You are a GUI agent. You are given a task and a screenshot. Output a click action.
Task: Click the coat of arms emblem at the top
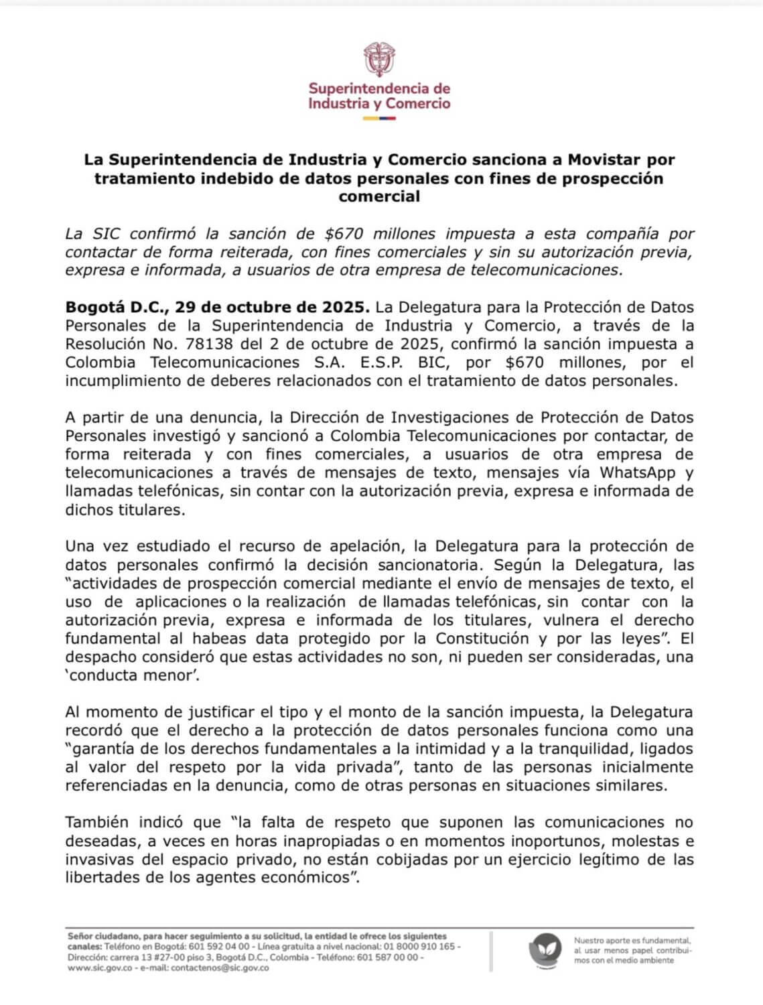tap(379, 60)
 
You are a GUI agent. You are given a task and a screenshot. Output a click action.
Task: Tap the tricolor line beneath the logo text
tap(379, 119)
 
